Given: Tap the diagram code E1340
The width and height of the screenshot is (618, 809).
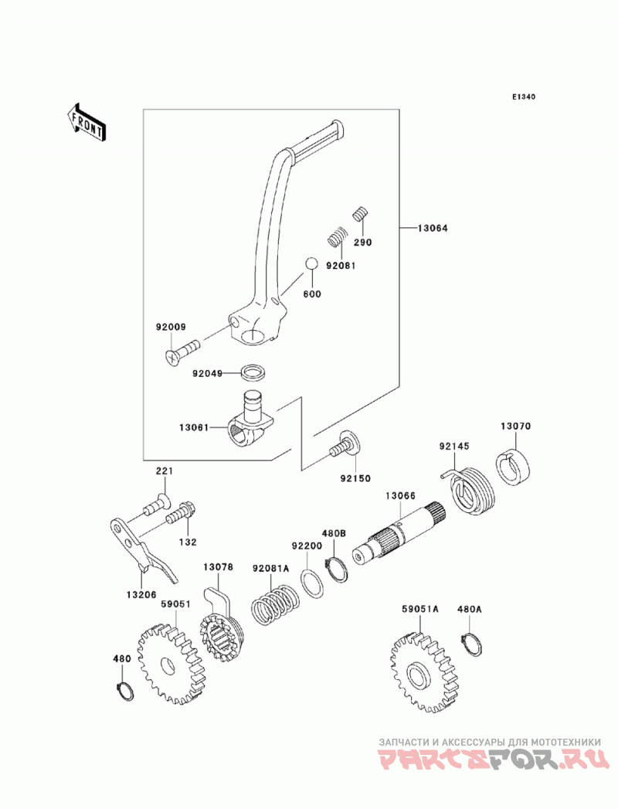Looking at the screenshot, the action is (x=524, y=97).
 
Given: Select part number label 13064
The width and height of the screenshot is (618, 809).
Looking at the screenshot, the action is (x=433, y=228).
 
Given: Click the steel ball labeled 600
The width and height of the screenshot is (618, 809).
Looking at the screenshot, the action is (x=311, y=263).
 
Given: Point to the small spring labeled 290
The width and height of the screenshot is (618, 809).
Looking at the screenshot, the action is (x=362, y=213).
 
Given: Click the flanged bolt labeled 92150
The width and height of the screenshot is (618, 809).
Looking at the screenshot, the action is (x=345, y=445).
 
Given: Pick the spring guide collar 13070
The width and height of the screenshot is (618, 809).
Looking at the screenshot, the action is (x=514, y=465).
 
